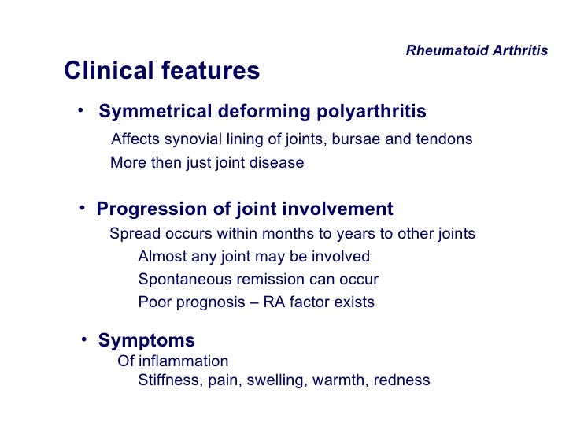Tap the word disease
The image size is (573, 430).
275,163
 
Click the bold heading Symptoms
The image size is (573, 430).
146,341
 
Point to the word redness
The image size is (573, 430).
401,380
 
